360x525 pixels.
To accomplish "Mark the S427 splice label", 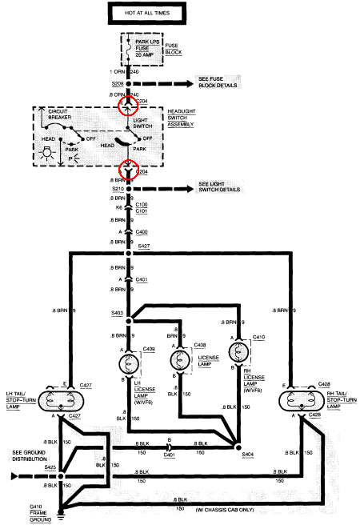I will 144,248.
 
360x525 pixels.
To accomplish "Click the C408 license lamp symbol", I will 178,361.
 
